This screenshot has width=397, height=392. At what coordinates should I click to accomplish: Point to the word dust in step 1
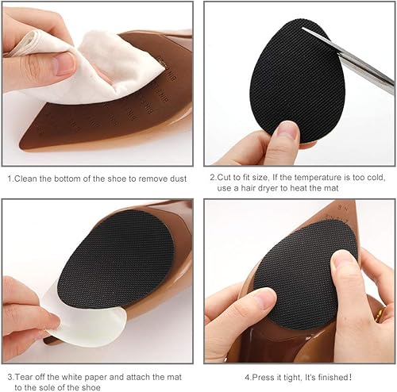coord(176,179)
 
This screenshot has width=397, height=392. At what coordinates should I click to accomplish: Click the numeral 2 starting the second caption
coord(212,179)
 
